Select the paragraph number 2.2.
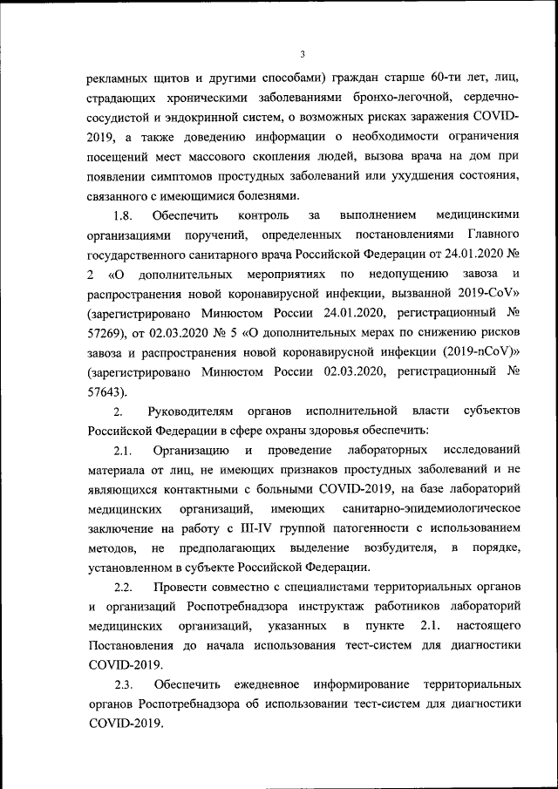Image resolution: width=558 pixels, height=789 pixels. tap(123, 588)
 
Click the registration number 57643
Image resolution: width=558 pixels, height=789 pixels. tap(106, 391)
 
